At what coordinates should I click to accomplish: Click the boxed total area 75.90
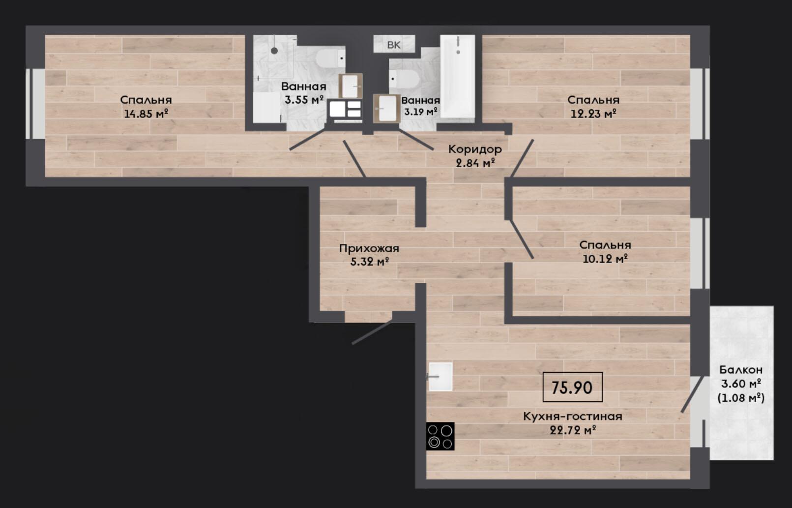click(x=572, y=387)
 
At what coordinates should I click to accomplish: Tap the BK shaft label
click(x=394, y=45)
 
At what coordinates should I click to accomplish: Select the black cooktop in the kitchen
click(x=440, y=436)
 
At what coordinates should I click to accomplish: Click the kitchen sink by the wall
click(x=440, y=376)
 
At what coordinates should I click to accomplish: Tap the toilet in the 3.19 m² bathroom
click(x=404, y=79)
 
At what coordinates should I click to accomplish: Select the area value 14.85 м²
click(x=146, y=114)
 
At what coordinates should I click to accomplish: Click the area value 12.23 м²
click(x=594, y=114)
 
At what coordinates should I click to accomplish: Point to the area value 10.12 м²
click(x=605, y=259)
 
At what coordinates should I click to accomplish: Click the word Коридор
click(x=475, y=149)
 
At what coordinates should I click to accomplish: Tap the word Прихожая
click(x=369, y=248)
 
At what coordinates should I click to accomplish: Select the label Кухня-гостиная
click(x=573, y=417)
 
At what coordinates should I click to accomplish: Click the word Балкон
click(x=741, y=370)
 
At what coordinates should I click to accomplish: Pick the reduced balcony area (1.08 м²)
click(x=741, y=398)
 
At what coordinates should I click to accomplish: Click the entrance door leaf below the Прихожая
click(x=372, y=332)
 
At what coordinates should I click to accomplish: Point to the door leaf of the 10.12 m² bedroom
click(x=521, y=239)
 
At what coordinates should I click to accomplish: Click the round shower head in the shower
click(x=274, y=51)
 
